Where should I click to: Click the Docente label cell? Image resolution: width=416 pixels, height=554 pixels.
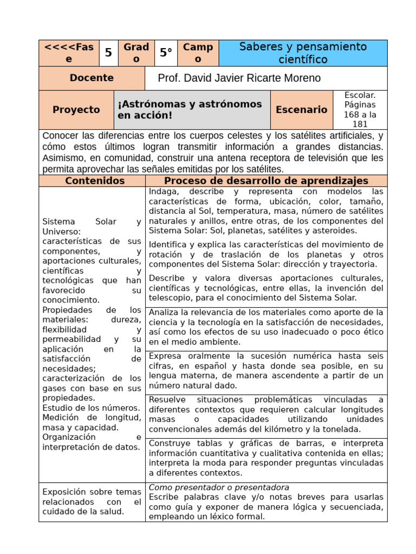tap(92, 78)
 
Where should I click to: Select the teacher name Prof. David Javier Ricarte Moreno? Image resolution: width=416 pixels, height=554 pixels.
tap(239, 78)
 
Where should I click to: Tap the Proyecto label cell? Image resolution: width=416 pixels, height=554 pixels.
tap(76, 110)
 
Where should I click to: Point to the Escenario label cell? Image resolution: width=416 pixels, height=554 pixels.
tap(301, 110)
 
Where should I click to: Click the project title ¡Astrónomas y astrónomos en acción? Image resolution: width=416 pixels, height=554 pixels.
tap(191, 110)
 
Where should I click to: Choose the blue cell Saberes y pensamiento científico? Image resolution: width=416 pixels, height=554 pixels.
tap(303, 53)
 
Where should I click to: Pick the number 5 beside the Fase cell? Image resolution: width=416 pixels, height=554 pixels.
tap(108, 53)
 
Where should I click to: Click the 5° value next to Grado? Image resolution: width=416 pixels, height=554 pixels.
tap(165, 53)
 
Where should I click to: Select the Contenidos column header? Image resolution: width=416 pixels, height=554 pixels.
tap(95, 181)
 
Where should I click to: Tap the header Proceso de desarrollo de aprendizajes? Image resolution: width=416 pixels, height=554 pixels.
tap(266, 181)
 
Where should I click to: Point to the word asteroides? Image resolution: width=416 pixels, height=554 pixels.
tap(336, 230)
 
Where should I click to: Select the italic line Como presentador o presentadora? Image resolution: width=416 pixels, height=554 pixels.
tap(219, 487)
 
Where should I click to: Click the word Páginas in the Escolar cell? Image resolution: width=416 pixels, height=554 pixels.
tap(360, 105)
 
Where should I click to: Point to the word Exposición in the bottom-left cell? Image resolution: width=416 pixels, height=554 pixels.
tap(64, 492)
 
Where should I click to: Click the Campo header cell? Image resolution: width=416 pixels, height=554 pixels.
tap(198, 53)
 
